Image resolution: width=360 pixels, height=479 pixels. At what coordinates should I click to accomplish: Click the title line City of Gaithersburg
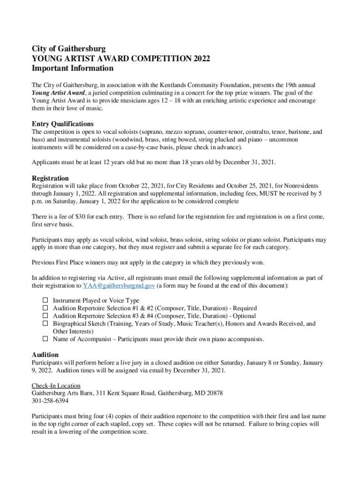tap(69, 49)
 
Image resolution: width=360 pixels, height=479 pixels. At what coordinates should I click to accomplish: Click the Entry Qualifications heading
tap(63, 124)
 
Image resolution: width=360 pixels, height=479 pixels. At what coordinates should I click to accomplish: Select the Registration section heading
tap(50, 178)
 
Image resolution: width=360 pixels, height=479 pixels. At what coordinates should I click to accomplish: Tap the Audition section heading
tap(45, 355)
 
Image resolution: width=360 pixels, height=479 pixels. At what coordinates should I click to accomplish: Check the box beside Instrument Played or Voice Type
tap(45, 300)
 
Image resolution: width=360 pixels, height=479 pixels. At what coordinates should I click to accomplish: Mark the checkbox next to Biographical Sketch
tap(45, 323)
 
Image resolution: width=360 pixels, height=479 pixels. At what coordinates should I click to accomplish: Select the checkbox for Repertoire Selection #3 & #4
tap(45, 316)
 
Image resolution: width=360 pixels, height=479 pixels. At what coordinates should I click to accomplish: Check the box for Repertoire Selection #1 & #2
tap(45, 308)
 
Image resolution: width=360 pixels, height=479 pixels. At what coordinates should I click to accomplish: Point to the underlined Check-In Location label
tap(56, 385)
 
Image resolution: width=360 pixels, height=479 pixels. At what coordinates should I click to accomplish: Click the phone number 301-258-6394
tap(50, 400)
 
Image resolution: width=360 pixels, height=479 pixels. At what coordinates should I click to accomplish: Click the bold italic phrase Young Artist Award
tap(58, 93)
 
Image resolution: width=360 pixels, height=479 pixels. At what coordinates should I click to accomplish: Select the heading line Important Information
tap(72, 68)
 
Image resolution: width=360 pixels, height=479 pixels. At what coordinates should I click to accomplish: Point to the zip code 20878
tap(214, 393)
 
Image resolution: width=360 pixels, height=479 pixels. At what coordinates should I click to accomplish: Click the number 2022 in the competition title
tap(201, 58)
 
